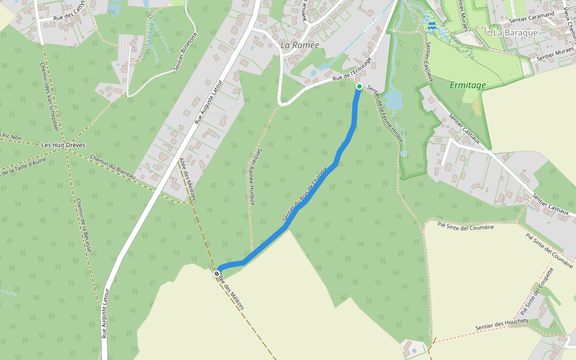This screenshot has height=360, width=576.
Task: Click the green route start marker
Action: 359,87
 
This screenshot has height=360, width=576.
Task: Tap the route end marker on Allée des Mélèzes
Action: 217,274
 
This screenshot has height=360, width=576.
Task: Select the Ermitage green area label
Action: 467,85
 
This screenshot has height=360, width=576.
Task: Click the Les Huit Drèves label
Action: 64,145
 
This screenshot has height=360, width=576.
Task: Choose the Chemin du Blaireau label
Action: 113,167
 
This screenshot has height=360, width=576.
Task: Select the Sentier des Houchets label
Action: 502,324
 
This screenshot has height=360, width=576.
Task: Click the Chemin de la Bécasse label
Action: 83,225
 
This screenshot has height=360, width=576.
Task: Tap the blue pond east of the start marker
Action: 394,99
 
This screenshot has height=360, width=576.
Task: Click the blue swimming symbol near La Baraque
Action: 431,25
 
